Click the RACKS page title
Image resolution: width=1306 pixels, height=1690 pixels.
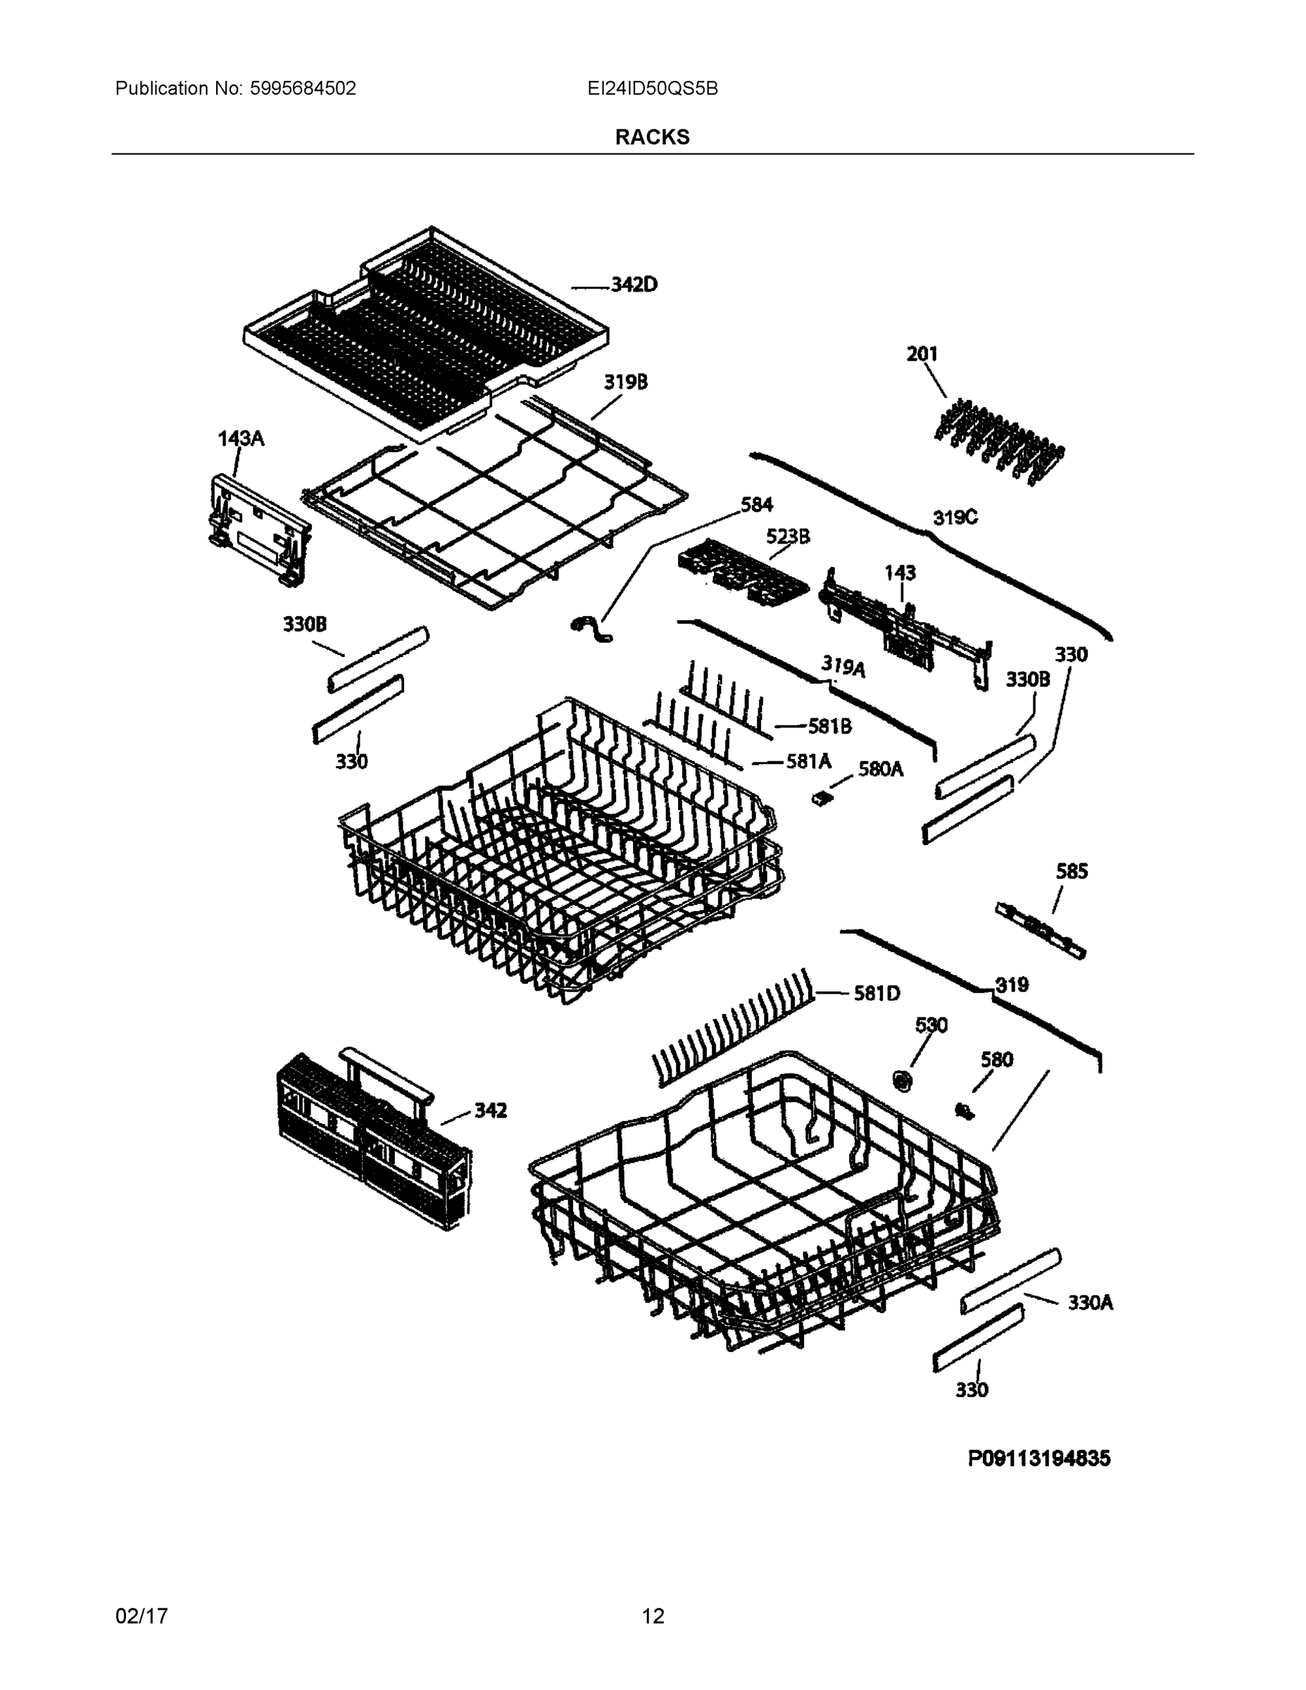[652, 137]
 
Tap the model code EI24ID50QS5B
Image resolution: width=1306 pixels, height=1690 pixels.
[652, 88]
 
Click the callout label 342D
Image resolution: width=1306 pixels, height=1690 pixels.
[634, 284]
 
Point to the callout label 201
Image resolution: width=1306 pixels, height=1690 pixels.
[922, 353]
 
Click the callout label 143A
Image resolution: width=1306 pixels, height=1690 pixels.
[241, 439]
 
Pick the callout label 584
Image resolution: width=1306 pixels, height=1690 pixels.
[756, 504]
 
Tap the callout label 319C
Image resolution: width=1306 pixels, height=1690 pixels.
[955, 518]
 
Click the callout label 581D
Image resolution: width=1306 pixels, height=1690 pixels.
[877, 994]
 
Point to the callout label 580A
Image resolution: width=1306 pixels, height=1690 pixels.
[881, 769]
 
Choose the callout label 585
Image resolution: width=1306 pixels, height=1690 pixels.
[1072, 871]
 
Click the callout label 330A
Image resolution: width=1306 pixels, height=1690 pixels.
[1090, 1303]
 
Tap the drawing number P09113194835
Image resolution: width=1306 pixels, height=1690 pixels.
[1039, 1458]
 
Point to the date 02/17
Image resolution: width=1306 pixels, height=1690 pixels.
[142, 1617]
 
